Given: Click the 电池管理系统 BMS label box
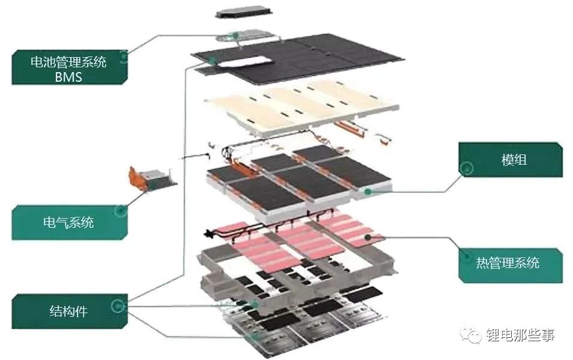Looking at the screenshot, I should pos(68,68).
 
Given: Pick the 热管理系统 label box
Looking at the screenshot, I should pos(511,262).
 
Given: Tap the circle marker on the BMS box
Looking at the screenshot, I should pos(123,58).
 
